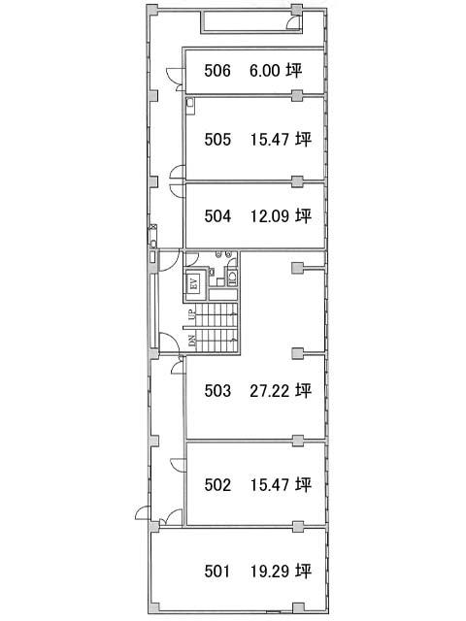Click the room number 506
click(217, 71)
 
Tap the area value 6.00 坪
click(276, 71)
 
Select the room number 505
click(217, 140)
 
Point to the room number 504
click(217, 216)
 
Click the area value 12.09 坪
click(281, 215)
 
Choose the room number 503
click(217, 391)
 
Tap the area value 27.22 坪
click(281, 390)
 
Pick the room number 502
click(217, 485)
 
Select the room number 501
click(216, 572)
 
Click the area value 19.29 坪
click(281, 572)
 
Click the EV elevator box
click(194, 283)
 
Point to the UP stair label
click(192, 314)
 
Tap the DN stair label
click(192, 341)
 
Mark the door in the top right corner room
click(294, 22)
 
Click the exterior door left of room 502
click(143, 513)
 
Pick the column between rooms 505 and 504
click(297, 182)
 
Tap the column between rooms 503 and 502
click(298, 441)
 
